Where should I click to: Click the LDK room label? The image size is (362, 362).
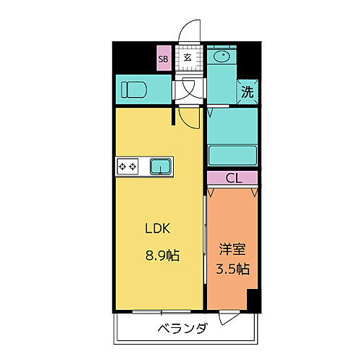pos(158,229)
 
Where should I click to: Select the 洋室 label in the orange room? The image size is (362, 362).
pos(232,250)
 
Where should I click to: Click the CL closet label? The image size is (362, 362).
pos(232,178)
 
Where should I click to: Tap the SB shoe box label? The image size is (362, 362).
pos(164,58)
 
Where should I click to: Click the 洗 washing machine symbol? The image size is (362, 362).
pos(247,93)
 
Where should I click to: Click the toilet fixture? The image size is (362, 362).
pos(134,89)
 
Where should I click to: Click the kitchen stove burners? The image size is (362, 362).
pos(127,167)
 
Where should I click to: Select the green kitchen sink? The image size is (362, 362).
pos(161,167)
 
